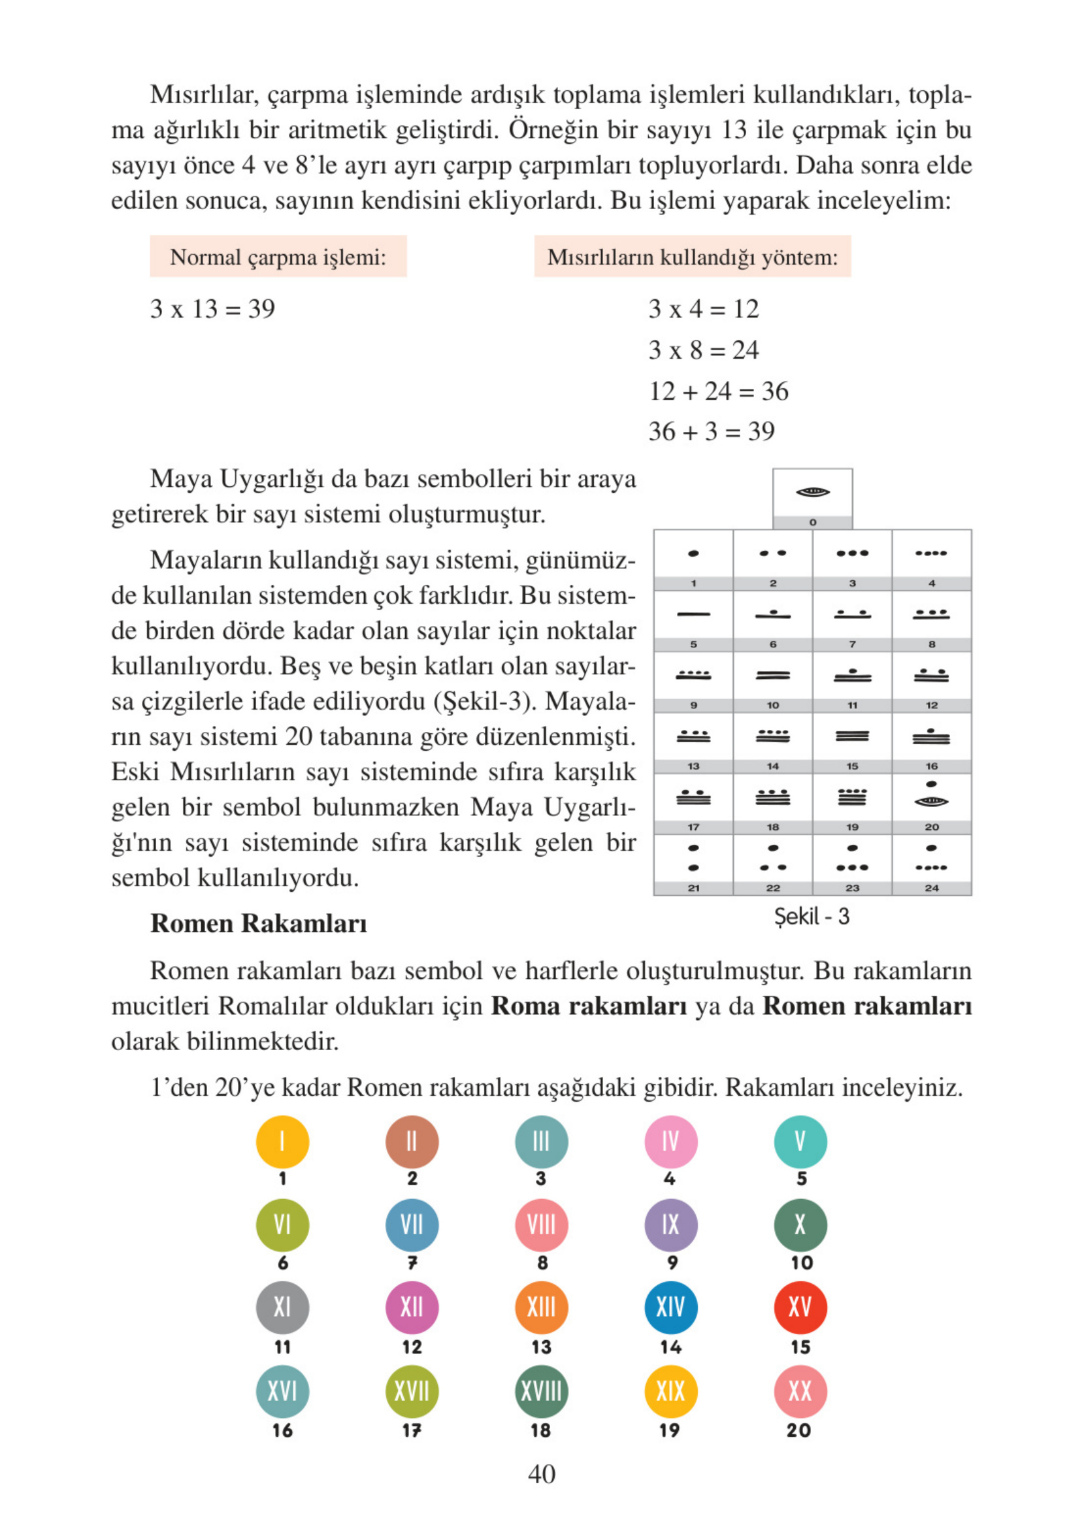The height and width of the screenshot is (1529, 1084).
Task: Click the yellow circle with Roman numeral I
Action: click(282, 1142)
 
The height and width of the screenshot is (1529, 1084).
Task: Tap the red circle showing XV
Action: click(800, 1306)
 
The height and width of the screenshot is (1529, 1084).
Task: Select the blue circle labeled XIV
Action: click(670, 1306)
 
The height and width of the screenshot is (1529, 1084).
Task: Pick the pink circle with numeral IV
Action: click(670, 1142)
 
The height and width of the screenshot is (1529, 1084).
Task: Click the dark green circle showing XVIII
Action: click(540, 1391)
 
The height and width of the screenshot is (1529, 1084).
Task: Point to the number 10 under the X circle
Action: click(801, 1262)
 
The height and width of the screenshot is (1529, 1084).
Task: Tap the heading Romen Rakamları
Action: click(258, 924)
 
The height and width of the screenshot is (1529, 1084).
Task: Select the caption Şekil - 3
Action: click(811, 916)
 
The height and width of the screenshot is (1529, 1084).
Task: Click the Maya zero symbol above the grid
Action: click(812, 493)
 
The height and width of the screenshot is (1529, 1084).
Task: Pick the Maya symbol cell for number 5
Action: click(693, 615)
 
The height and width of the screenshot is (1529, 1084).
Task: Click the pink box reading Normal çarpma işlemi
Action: click(278, 257)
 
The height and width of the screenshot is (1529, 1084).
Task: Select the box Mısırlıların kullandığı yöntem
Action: click(692, 257)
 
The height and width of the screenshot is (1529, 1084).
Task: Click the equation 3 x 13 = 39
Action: click(212, 309)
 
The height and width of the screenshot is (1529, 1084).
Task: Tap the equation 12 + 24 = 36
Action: click(718, 391)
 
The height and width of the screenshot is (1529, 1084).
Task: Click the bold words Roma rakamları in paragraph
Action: click(589, 1006)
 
